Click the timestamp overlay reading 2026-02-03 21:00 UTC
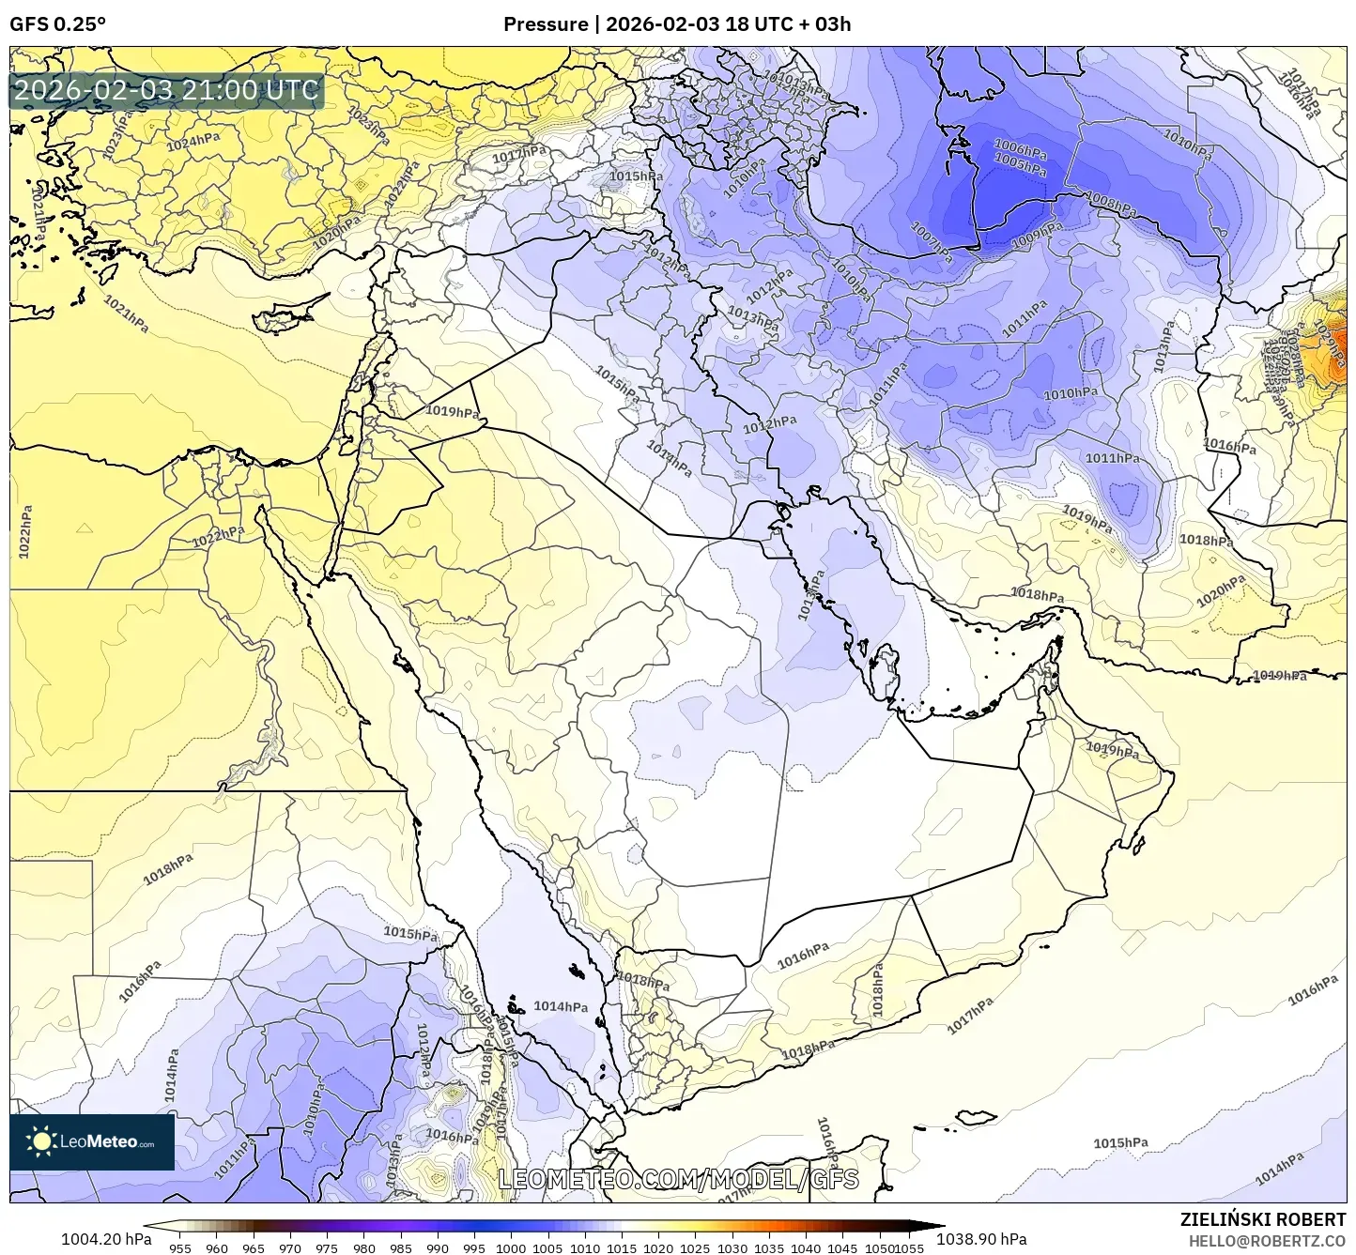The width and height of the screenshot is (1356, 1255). pos(166,91)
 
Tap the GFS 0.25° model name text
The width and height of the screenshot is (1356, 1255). pos(57,24)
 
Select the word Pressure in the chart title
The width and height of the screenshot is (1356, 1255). pos(545,24)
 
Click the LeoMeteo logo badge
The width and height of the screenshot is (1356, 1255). pos(92,1141)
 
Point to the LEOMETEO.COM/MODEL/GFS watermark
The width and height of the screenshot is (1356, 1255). pos(678,1179)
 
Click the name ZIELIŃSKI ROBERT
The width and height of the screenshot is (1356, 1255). pos(1262,1219)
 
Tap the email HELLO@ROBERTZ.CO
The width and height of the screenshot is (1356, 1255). pos(1267,1240)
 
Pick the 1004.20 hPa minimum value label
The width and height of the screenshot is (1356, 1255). pos(105,1239)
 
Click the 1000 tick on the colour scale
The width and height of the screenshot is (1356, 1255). pos(511,1247)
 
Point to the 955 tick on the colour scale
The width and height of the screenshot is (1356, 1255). pos(180,1247)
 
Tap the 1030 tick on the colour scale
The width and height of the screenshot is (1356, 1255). pos(732,1247)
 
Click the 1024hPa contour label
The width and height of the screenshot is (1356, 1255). pos(193,143)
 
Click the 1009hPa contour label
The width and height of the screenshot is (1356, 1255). pos(1037,234)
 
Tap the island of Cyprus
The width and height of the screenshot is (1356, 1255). pos(286,315)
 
